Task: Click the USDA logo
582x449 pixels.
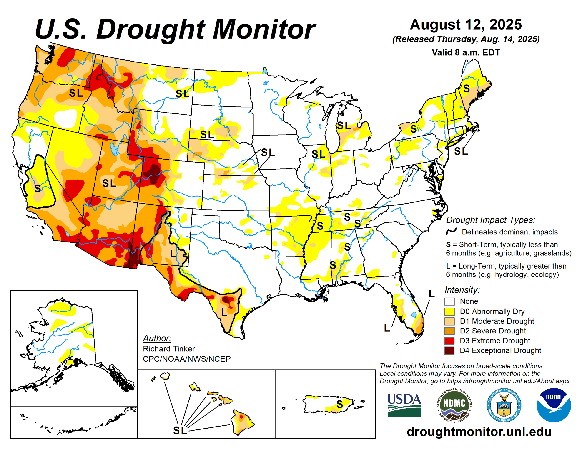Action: coord(404,405)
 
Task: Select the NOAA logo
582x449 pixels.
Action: coord(554,405)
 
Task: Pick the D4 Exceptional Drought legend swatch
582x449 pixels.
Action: coord(449,350)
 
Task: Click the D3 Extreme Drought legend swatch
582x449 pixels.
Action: coord(449,341)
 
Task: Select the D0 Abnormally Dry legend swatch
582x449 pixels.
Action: coord(449,311)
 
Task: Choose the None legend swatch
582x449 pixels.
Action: coord(449,301)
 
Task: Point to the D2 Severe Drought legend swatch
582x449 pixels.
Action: coord(449,331)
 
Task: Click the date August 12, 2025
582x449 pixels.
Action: coord(466,25)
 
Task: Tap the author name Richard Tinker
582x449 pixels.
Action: coord(169,349)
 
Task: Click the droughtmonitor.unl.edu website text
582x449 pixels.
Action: coord(479,432)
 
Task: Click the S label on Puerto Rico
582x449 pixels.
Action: coord(339,404)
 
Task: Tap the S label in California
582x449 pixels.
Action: coord(38,188)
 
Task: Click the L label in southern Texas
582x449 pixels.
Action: coord(224,312)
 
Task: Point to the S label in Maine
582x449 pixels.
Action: coord(466,88)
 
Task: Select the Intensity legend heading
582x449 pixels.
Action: coord(462,290)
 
